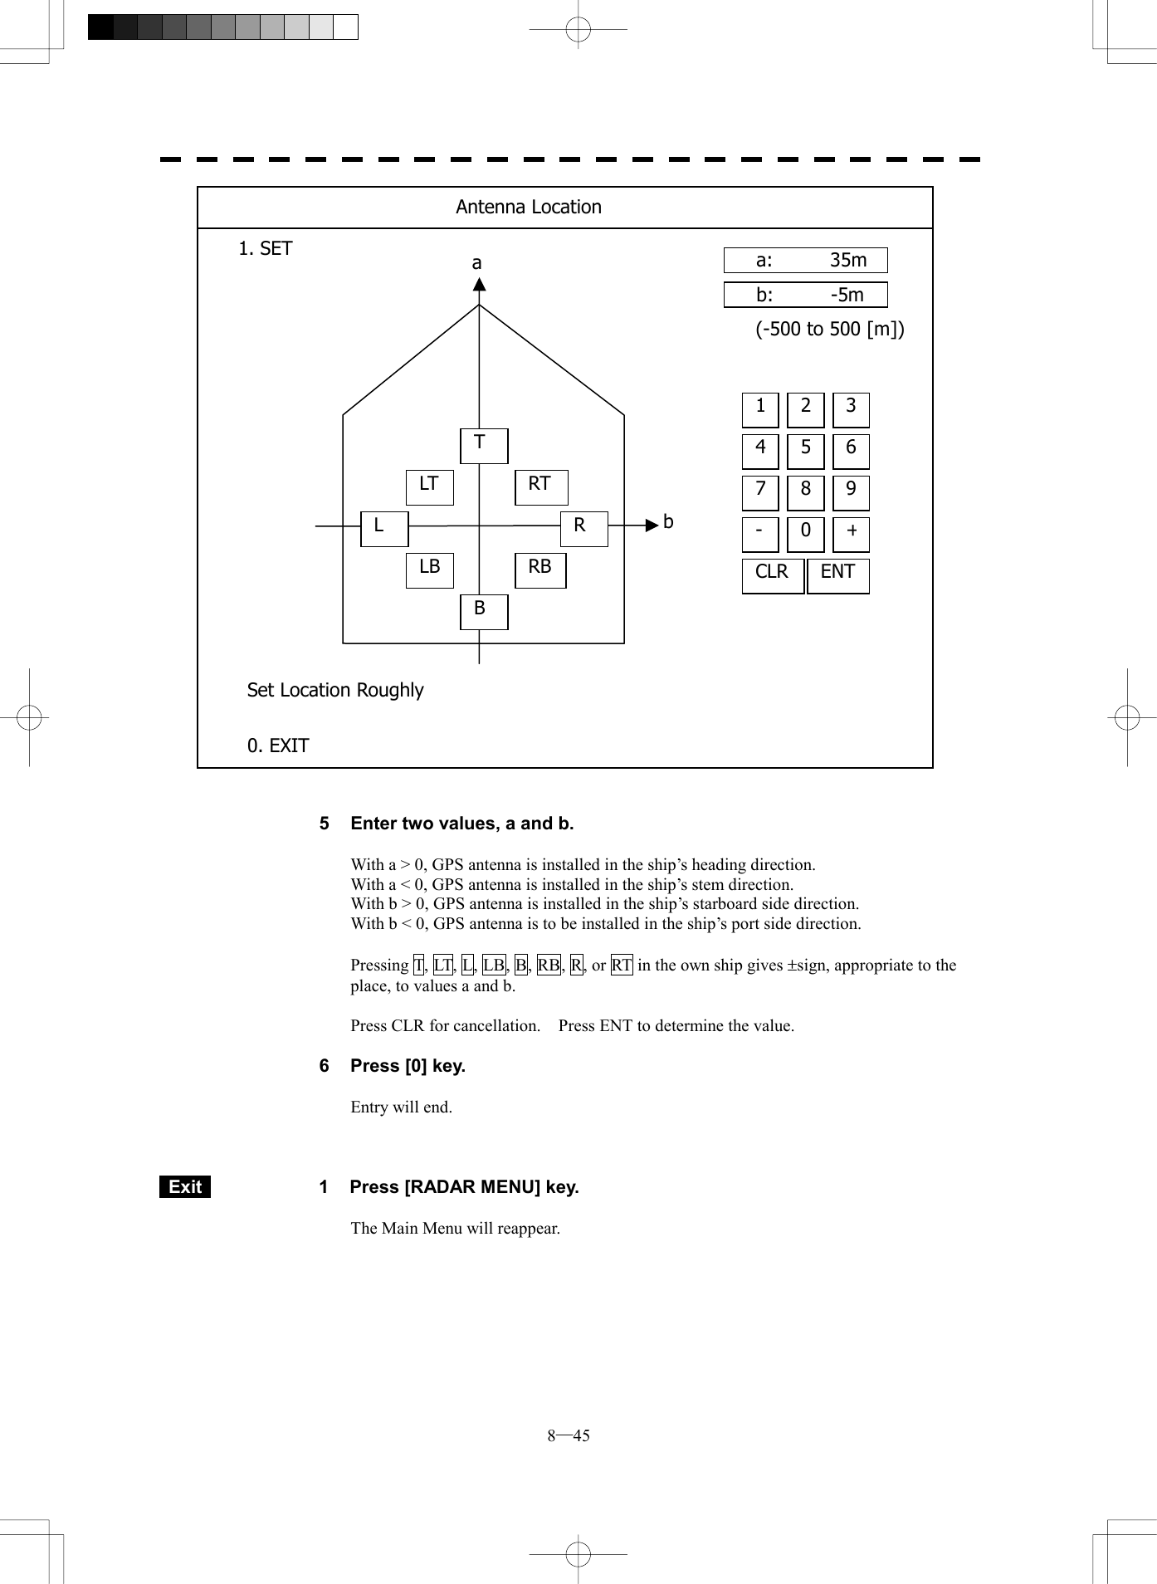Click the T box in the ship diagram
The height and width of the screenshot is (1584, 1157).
(x=484, y=446)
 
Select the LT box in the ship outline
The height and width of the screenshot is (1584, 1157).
(x=429, y=487)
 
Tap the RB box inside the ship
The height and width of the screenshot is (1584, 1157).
(x=540, y=570)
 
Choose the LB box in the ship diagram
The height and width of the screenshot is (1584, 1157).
(x=429, y=570)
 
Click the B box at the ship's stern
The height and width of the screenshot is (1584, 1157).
(x=484, y=612)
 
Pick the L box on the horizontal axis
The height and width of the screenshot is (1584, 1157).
(x=384, y=529)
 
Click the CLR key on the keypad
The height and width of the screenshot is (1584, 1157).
(x=773, y=575)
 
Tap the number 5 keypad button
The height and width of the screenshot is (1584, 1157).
(x=805, y=451)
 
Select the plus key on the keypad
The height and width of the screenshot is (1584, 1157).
(x=851, y=534)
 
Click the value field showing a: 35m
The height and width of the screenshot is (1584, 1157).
(x=805, y=260)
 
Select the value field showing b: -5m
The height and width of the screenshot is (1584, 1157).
(x=805, y=295)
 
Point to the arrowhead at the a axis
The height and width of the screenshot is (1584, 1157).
(x=479, y=285)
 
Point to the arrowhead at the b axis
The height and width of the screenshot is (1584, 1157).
(x=652, y=525)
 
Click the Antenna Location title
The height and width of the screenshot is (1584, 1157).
(x=529, y=208)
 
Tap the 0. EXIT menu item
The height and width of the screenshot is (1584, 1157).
(x=278, y=746)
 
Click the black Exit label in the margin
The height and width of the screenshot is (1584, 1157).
(x=185, y=1187)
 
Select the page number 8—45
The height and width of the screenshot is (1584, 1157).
(x=569, y=1435)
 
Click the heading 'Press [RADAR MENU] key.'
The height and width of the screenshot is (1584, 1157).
(x=464, y=1187)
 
